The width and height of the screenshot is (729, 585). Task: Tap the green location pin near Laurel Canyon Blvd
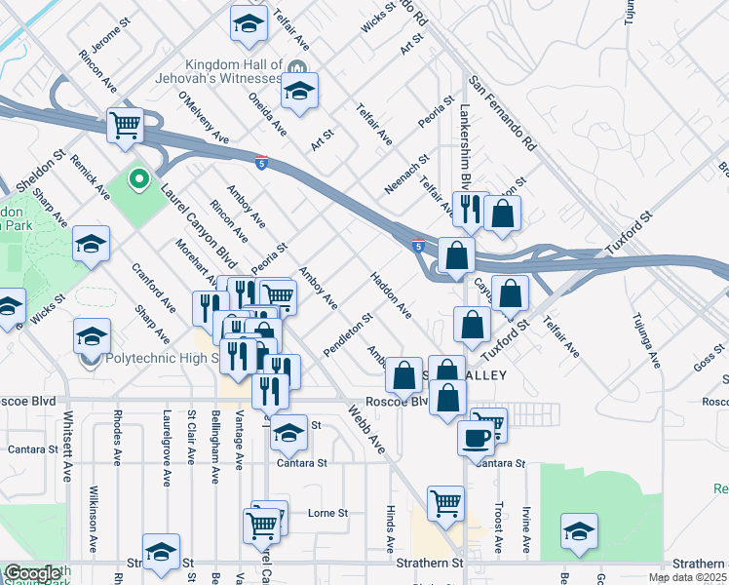coord(138,178)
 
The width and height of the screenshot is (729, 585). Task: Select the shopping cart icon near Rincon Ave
coord(125,125)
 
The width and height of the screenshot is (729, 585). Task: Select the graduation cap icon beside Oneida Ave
coord(299,92)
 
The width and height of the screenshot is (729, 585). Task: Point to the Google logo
coord(31,573)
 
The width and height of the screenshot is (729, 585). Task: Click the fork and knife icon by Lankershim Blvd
coord(469,209)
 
